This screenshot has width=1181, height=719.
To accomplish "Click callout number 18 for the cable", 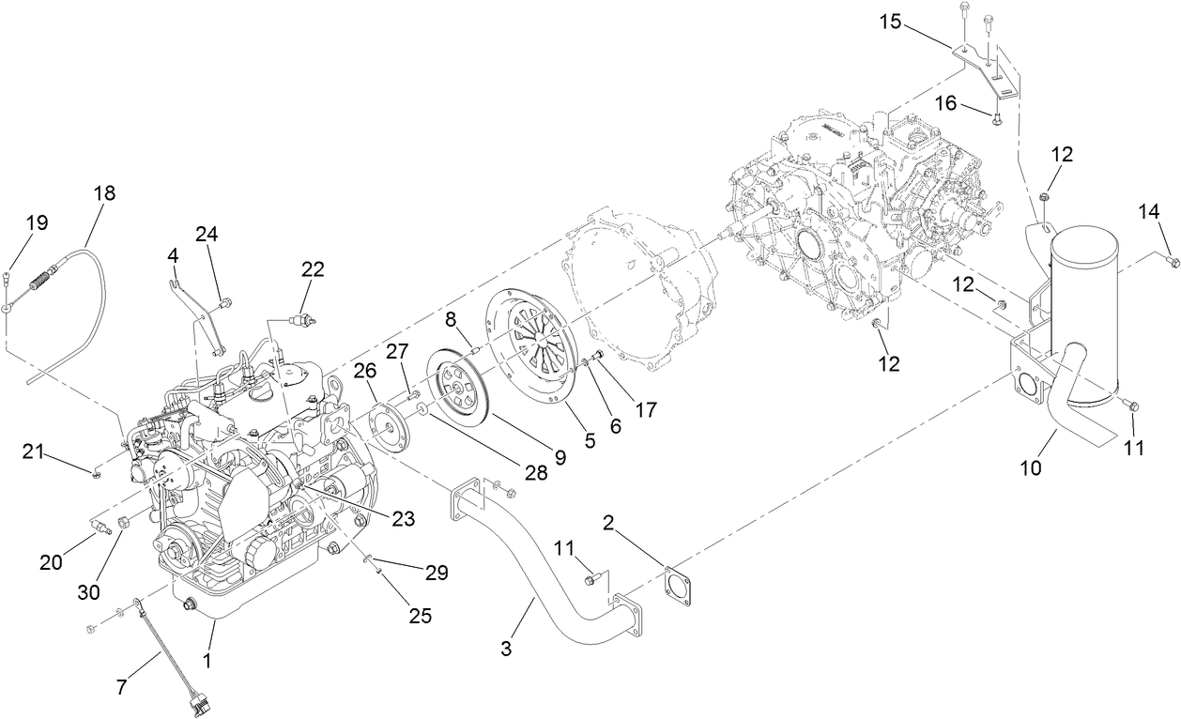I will (x=104, y=193).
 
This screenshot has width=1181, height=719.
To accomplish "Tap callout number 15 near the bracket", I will (x=890, y=21).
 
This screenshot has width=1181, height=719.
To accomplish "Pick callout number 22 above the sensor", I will (x=313, y=269).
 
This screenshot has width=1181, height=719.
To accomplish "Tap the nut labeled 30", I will (x=123, y=522).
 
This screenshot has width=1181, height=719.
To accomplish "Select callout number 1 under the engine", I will (x=207, y=662).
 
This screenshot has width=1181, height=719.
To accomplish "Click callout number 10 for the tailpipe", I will (x=1031, y=467).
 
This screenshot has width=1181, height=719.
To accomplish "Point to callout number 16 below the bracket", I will (x=945, y=103).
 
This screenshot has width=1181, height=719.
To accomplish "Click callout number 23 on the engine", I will (x=403, y=517).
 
